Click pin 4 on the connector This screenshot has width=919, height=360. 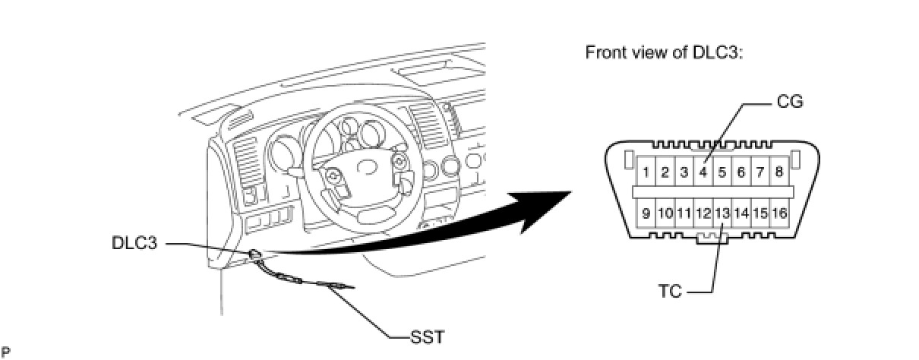pos(703,172)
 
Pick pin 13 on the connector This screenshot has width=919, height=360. pos(722,213)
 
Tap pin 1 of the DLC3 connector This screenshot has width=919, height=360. pos(645,172)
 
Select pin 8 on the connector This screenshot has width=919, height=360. pos(779,172)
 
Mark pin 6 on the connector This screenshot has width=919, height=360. pos(741,172)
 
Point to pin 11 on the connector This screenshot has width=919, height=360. pos(684,213)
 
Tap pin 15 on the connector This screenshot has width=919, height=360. pos(760,213)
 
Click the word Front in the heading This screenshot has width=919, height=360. pos(603,53)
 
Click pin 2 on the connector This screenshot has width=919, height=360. pos(665,172)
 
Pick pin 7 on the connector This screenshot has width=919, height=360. pos(760,172)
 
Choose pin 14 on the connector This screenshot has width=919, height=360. pos(741,213)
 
